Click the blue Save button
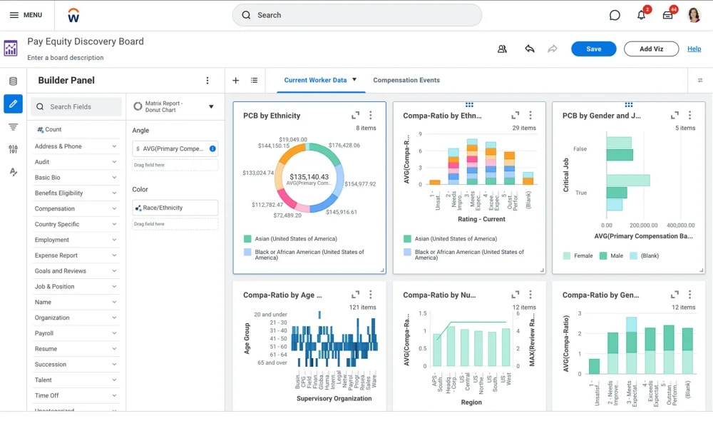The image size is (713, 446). pos(593,49)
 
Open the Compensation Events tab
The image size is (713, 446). pos(406,81)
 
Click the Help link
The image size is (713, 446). pos(694,49)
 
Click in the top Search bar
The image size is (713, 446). pos(356,15)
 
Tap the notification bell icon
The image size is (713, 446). pos(641,15)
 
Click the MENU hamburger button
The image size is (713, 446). pos(26,15)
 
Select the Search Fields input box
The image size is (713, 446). pos(77,107)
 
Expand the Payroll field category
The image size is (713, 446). pos(75,333)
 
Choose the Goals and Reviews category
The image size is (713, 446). pos(75,271)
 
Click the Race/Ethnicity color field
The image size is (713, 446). pos(175,208)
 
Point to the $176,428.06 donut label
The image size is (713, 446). pos(344,145)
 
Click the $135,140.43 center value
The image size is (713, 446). pos(309,176)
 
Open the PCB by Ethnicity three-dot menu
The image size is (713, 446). pos(371,116)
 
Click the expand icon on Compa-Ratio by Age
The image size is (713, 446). pos(355,295)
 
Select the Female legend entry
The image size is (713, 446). pos(578,255)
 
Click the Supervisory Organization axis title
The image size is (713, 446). pos(334,399)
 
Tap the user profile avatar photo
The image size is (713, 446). pos(694,15)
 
